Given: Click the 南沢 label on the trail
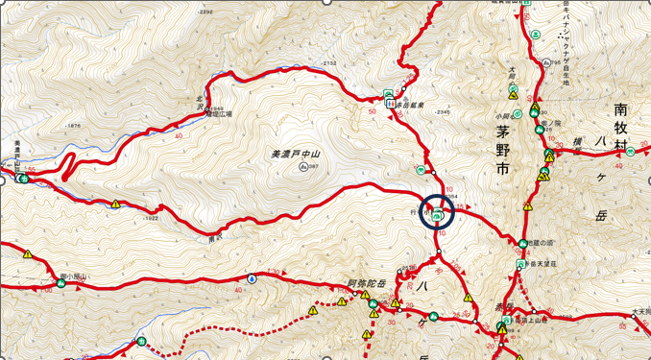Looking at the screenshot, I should click(x=214, y=236).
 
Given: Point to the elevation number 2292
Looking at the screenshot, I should click(x=205, y=12).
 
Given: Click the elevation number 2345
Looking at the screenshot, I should click(x=443, y=112).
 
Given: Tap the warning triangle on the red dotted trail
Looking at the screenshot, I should click(x=313, y=311).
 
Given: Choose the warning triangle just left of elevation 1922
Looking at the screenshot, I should click(x=116, y=204).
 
